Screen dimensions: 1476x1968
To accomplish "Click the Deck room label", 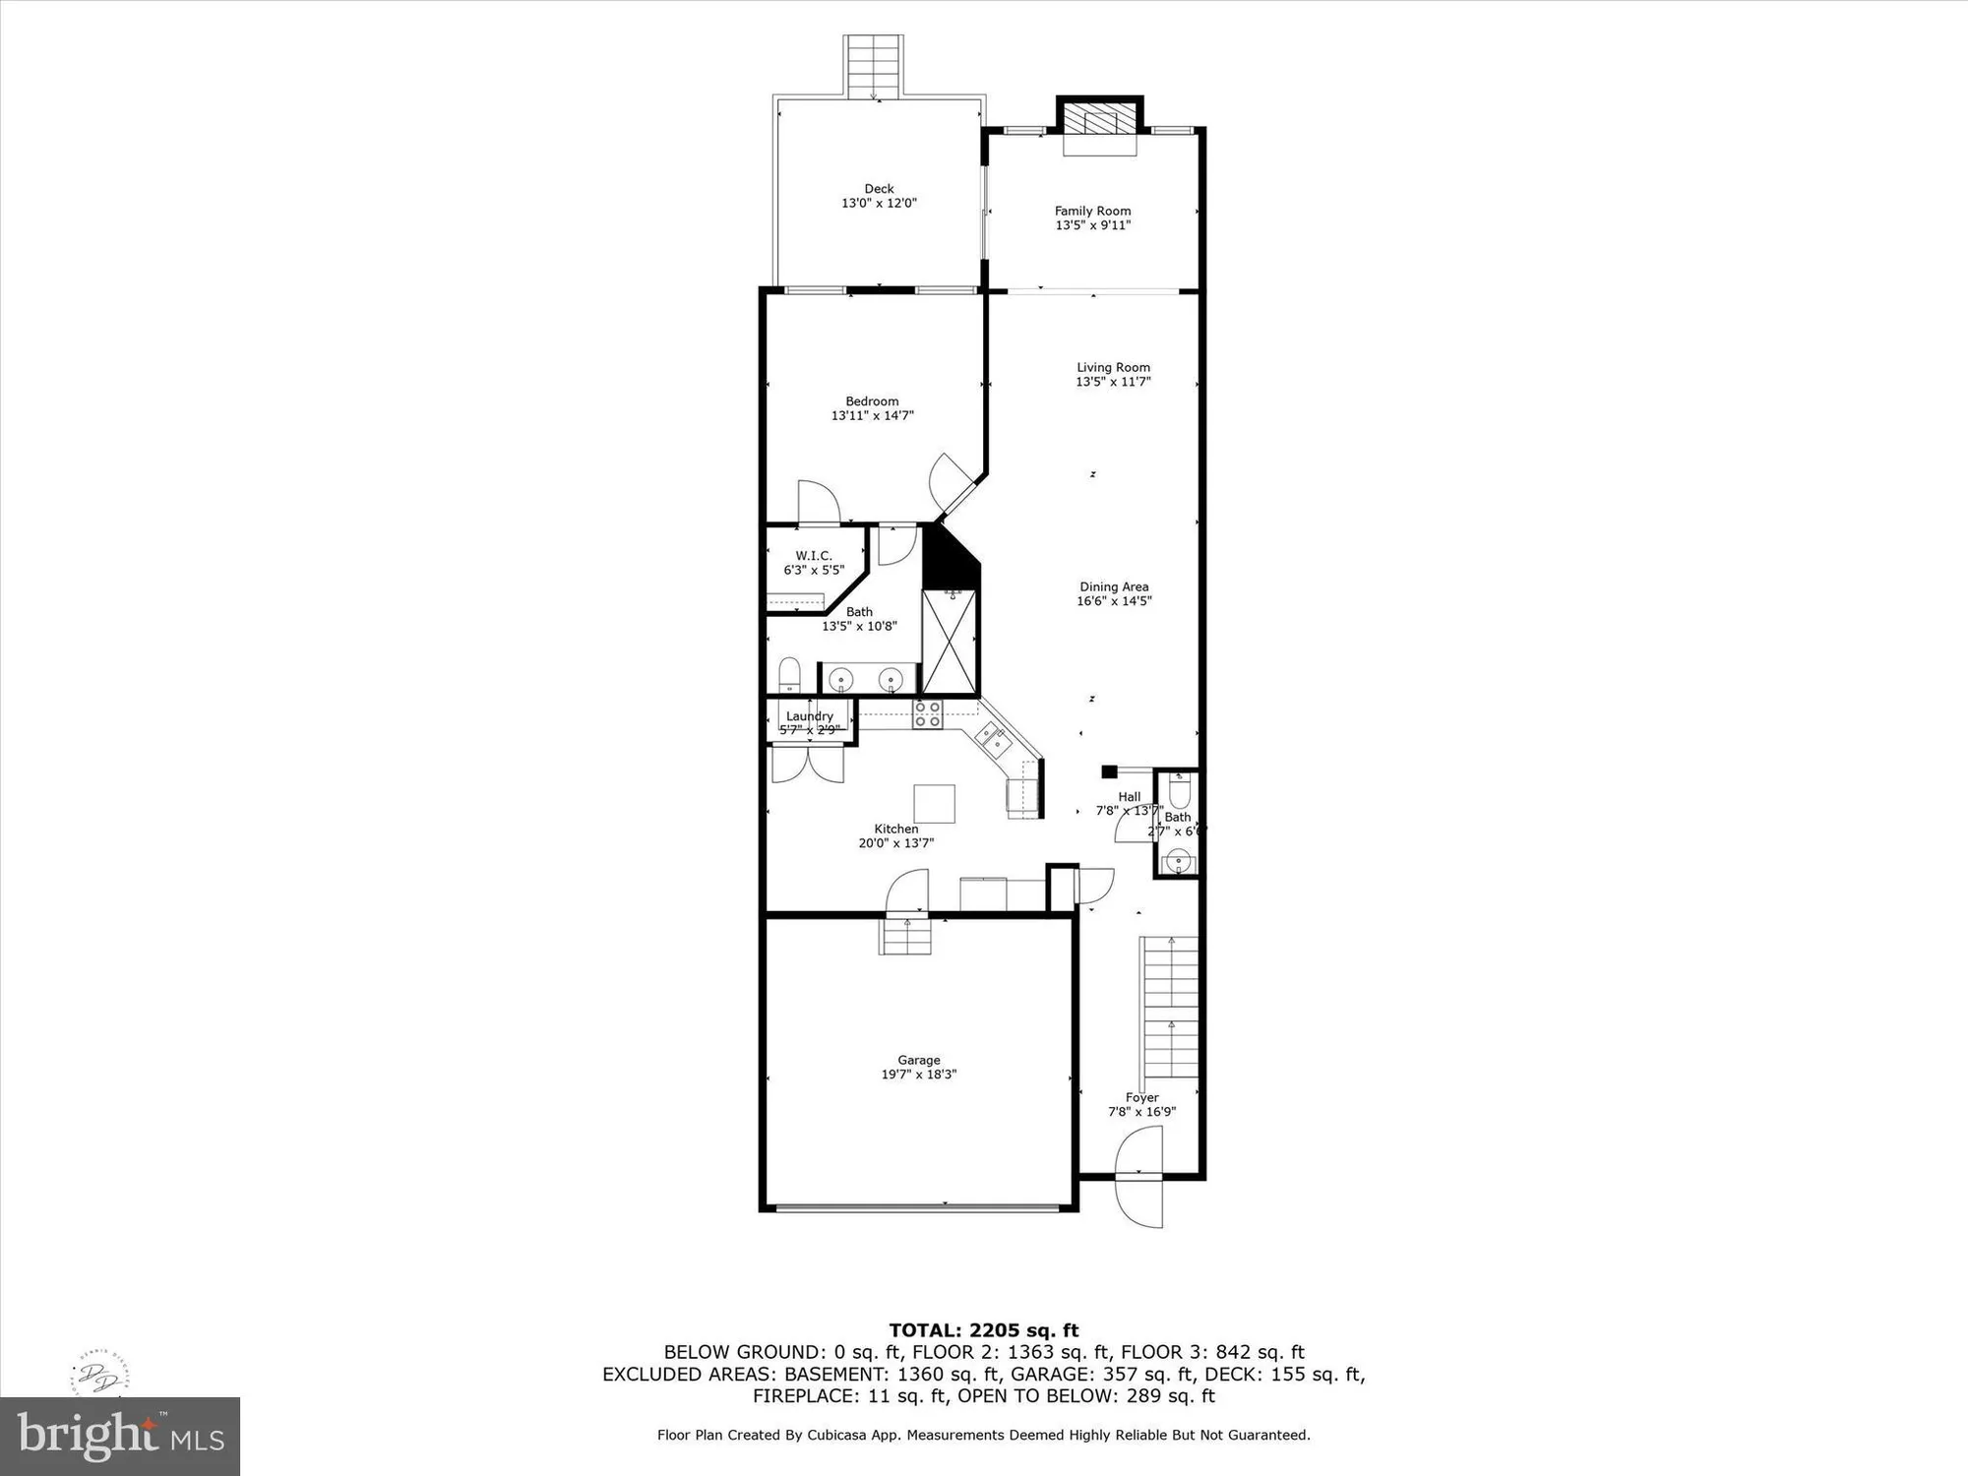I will click(x=879, y=189).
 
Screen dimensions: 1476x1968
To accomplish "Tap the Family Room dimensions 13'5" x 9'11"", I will click(x=1092, y=225).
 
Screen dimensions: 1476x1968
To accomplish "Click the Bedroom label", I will click(x=872, y=401).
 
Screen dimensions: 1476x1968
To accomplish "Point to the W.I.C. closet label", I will click(x=814, y=556).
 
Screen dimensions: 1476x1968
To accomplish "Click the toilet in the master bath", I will click(x=789, y=675).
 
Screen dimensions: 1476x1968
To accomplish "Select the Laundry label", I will click(x=810, y=716).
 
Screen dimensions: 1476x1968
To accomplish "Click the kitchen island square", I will click(x=934, y=803).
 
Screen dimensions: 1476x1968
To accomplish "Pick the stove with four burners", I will click(x=927, y=714).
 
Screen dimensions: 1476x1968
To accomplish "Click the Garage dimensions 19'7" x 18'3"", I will click(x=918, y=1075).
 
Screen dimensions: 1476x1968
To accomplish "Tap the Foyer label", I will click(x=1141, y=1097).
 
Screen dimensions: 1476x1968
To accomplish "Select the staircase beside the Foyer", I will click(x=1169, y=1009).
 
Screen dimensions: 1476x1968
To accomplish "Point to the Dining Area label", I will click(x=1114, y=586).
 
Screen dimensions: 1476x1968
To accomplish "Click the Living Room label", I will click(x=1113, y=367).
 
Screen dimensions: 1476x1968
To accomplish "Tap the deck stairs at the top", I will click(x=874, y=67).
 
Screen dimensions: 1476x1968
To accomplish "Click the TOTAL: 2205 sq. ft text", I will click(x=983, y=1330).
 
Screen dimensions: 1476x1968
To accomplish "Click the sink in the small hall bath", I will click(x=1177, y=864).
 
